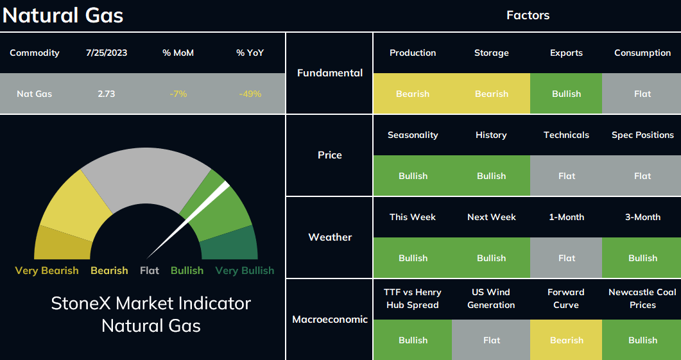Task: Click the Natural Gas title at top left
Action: pos(63,15)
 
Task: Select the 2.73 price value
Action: pos(107,94)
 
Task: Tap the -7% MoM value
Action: pos(178,94)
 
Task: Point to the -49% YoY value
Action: pos(250,94)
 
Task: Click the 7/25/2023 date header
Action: pos(107,53)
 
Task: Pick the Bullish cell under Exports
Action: pos(566,94)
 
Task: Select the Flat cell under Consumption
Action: pos(642,94)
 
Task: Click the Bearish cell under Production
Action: pos(413,94)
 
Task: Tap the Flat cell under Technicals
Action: pos(566,176)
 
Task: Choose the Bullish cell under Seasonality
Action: pos(413,176)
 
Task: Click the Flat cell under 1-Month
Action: pos(566,258)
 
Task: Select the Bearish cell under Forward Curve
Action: pos(566,340)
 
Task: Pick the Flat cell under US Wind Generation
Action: pos(491,340)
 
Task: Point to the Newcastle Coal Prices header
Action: pos(642,298)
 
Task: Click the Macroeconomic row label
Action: pos(330,320)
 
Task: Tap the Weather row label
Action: pos(330,237)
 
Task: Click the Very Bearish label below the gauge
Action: pos(47,271)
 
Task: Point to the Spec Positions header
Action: pos(642,135)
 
